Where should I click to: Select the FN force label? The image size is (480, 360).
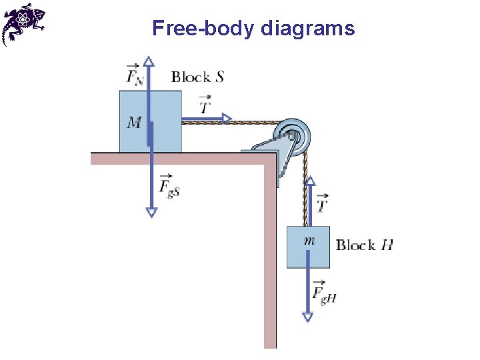[x=134, y=74]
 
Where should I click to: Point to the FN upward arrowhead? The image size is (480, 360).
[x=149, y=61]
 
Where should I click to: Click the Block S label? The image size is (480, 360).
[x=197, y=77]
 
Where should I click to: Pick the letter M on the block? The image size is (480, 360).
[x=134, y=123]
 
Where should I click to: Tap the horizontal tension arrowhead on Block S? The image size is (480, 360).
[x=227, y=119]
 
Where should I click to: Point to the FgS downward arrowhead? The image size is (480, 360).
[x=151, y=211]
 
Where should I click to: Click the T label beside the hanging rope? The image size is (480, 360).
[x=322, y=204]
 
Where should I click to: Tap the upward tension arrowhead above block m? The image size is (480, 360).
[x=310, y=181]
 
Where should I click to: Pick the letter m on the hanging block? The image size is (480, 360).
[x=309, y=241]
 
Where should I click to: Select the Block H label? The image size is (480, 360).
[x=364, y=245]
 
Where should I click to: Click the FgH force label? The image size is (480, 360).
[x=324, y=293]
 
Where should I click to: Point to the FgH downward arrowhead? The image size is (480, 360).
[x=307, y=317]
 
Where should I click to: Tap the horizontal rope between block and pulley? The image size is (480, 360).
[x=253, y=122]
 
